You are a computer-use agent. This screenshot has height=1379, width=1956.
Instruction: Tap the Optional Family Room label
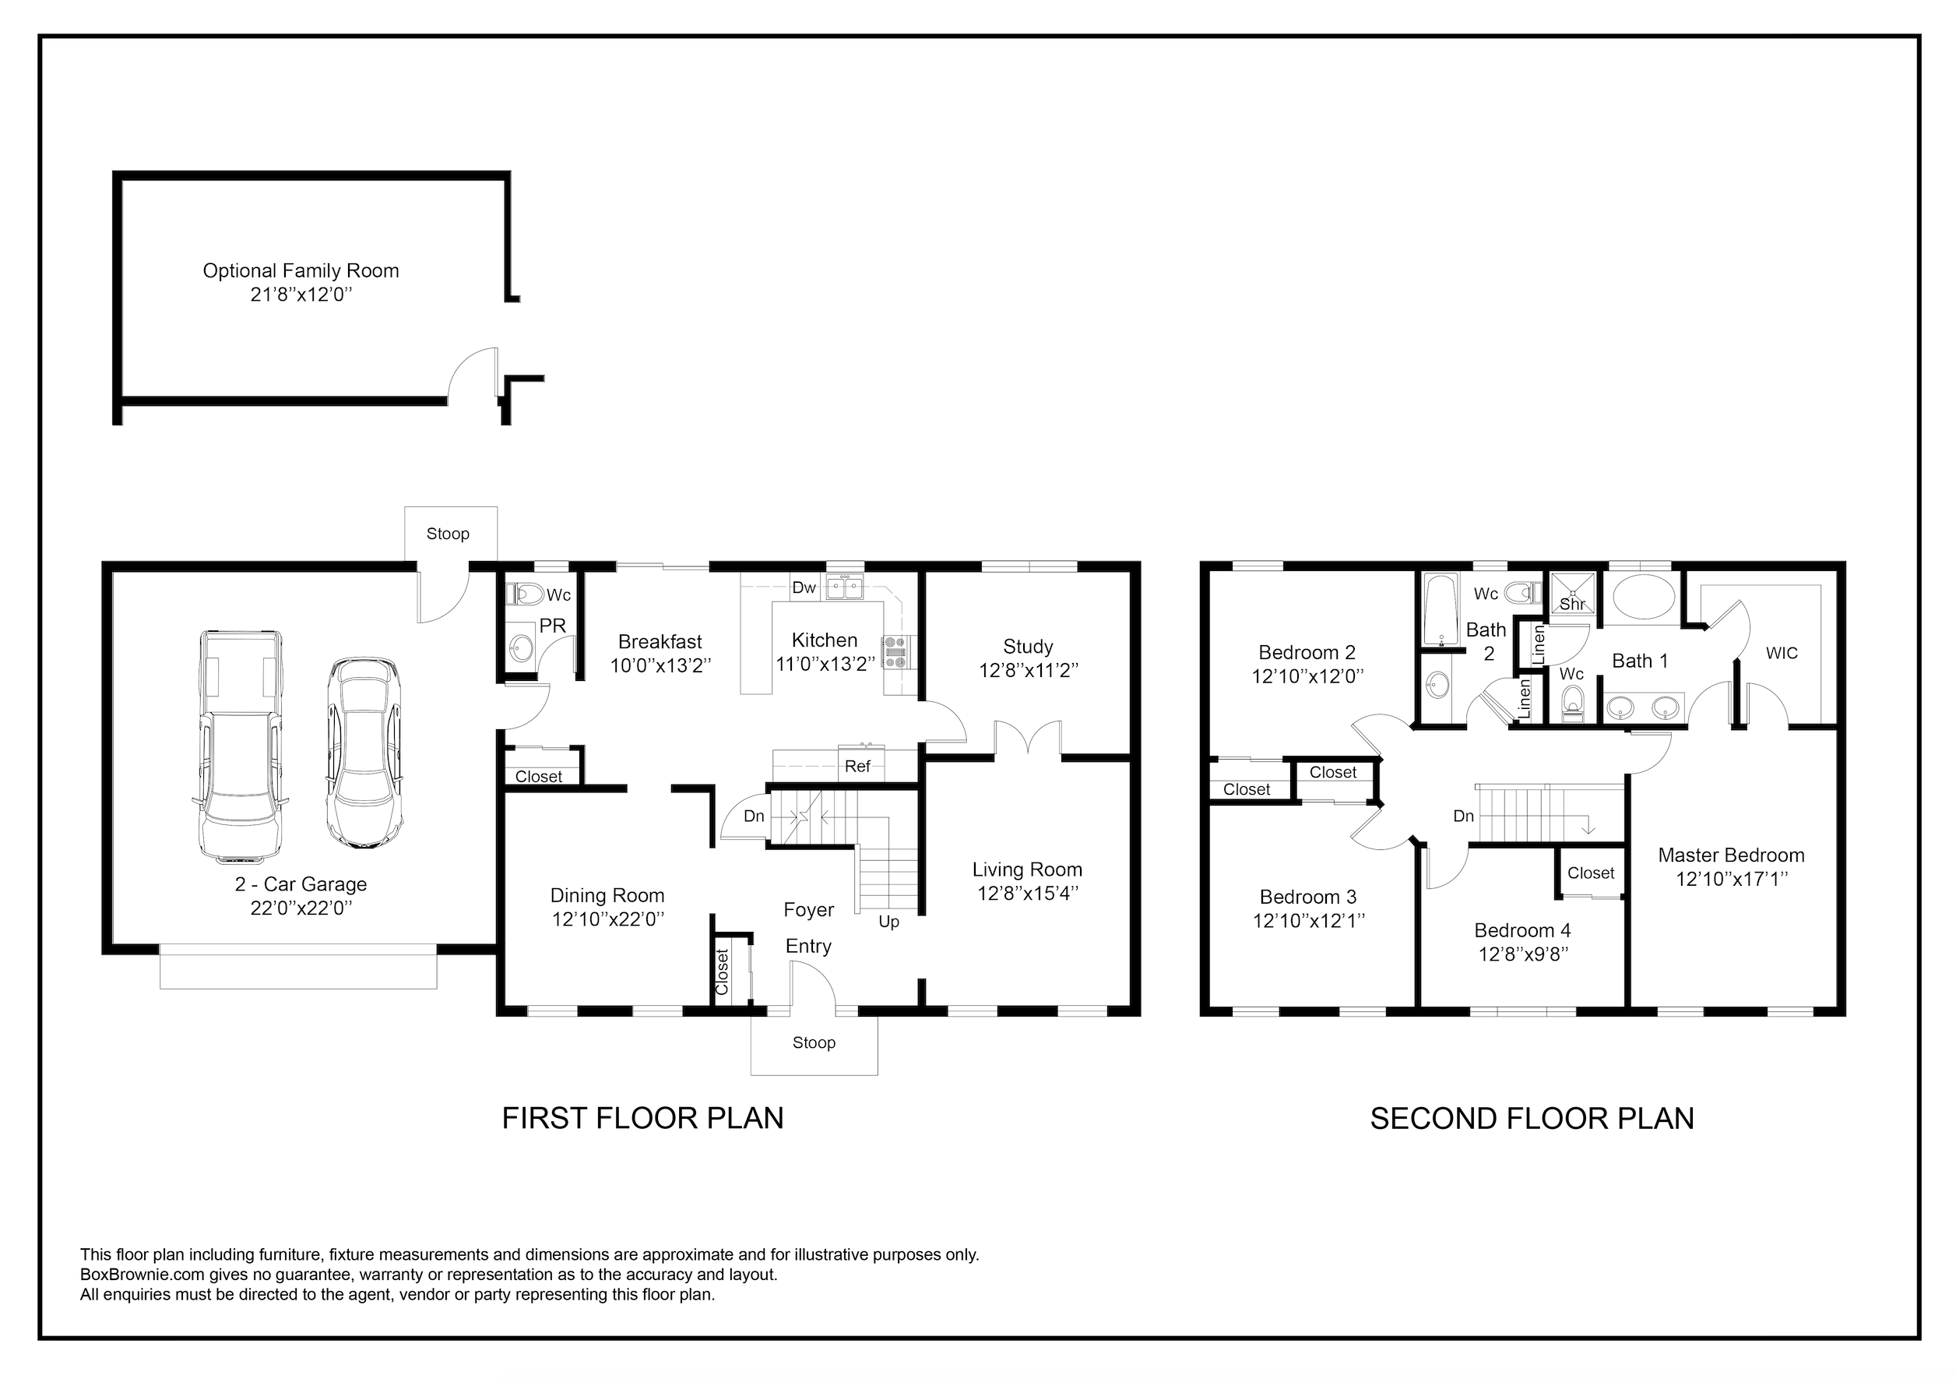click(301, 271)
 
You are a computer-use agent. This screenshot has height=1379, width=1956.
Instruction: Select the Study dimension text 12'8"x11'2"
click(1029, 671)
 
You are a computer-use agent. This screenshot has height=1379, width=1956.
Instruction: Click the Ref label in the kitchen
click(857, 766)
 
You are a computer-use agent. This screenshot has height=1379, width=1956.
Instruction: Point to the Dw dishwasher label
click(804, 587)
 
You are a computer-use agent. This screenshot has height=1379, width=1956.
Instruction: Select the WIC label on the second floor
click(1782, 653)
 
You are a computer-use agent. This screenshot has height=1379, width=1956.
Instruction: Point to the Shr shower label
click(1572, 605)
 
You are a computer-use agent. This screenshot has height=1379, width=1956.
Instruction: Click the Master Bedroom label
click(1731, 855)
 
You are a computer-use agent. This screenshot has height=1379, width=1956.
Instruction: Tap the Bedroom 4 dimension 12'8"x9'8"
click(1523, 954)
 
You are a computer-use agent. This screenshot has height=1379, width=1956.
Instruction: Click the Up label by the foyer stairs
click(888, 922)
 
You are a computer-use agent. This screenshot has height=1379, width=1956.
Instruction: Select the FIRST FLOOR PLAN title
click(642, 1118)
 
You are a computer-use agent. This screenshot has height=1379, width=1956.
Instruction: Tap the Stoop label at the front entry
click(814, 1042)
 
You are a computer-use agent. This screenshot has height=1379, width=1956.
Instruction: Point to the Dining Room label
click(607, 896)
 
